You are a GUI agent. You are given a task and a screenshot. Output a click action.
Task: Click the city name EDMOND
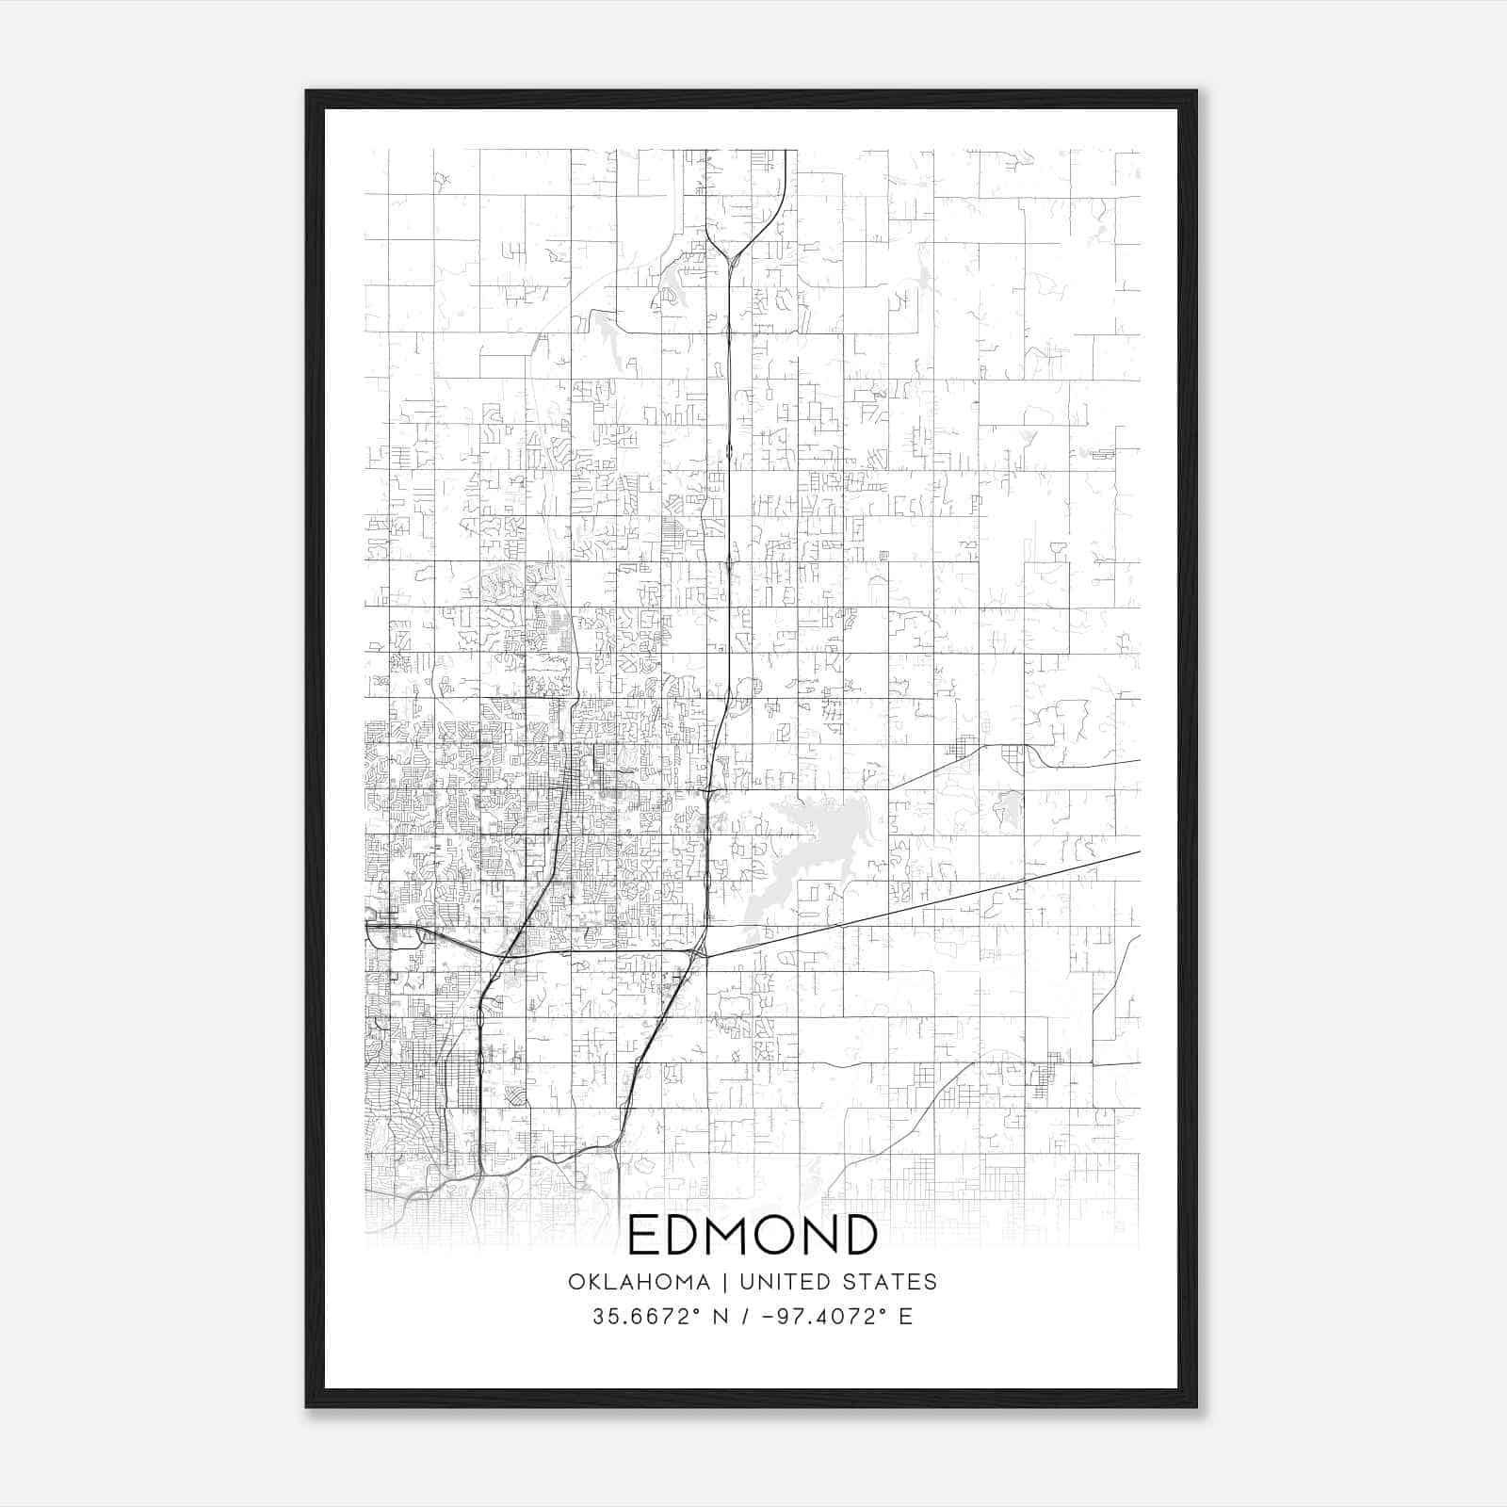click(752, 1236)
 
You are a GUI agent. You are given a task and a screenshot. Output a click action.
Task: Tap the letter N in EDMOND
click(818, 1236)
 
